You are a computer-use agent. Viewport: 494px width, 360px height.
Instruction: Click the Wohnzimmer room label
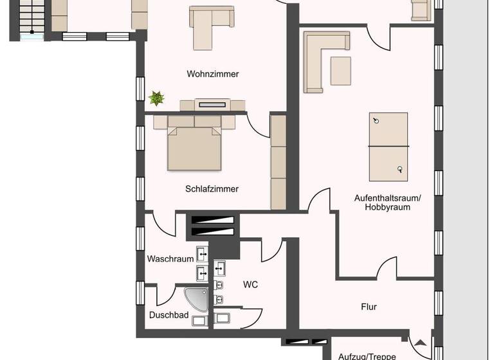[x=212, y=74]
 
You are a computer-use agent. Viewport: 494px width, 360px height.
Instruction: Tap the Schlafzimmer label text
[x=212, y=189]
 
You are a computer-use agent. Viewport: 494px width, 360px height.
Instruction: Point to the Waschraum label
[x=170, y=259]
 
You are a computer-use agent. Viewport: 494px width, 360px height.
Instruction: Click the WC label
[x=250, y=284]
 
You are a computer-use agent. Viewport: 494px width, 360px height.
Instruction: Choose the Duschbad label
[x=169, y=315]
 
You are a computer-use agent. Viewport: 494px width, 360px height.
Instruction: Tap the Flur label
[x=369, y=307]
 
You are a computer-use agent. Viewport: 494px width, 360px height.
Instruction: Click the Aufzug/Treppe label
[x=367, y=355]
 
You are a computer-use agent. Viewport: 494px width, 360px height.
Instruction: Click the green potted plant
[x=156, y=98]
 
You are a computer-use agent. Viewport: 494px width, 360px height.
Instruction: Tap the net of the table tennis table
[x=388, y=147]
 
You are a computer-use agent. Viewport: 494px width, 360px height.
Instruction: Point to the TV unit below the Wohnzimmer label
[x=212, y=105]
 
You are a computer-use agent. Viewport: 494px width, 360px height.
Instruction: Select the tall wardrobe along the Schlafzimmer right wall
[x=278, y=162]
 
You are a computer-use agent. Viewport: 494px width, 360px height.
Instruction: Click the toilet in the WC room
[x=222, y=318]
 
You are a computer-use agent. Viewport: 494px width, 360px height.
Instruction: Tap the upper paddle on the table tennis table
[x=376, y=121]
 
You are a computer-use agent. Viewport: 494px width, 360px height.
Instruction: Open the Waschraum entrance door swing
[x=167, y=225]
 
